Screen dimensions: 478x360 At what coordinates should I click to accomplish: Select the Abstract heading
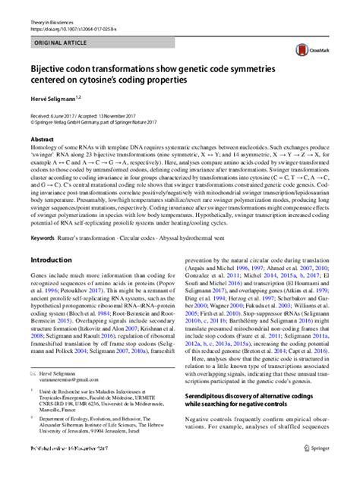pyautogui.click(x=42, y=140)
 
